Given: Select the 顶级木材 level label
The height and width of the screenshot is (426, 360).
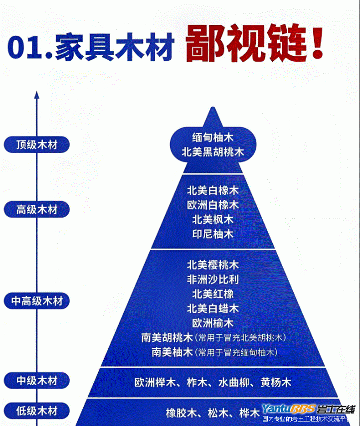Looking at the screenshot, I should pyautogui.click(x=36, y=145).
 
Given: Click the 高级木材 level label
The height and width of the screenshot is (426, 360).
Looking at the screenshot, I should pyautogui.click(x=36, y=210).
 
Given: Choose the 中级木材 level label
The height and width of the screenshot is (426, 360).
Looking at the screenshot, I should pyautogui.click(x=36, y=381).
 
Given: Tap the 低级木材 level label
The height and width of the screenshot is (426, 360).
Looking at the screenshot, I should pyautogui.click(x=36, y=412).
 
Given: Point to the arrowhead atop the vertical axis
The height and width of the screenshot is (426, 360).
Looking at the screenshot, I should pyautogui.click(x=36, y=95).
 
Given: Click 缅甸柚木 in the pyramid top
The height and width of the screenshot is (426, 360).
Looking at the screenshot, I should pyautogui.click(x=213, y=137).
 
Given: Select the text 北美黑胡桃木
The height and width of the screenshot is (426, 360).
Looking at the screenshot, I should pyautogui.click(x=213, y=152).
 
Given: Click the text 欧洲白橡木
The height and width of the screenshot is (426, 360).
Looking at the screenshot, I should pyautogui.click(x=213, y=205).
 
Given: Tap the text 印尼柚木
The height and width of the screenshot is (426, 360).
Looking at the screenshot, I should pyautogui.click(x=213, y=234).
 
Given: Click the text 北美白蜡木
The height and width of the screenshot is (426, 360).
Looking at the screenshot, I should pyautogui.click(x=213, y=308).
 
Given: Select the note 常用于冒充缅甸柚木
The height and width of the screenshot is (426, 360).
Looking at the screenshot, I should pyautogui.click(x=237, y=353).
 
